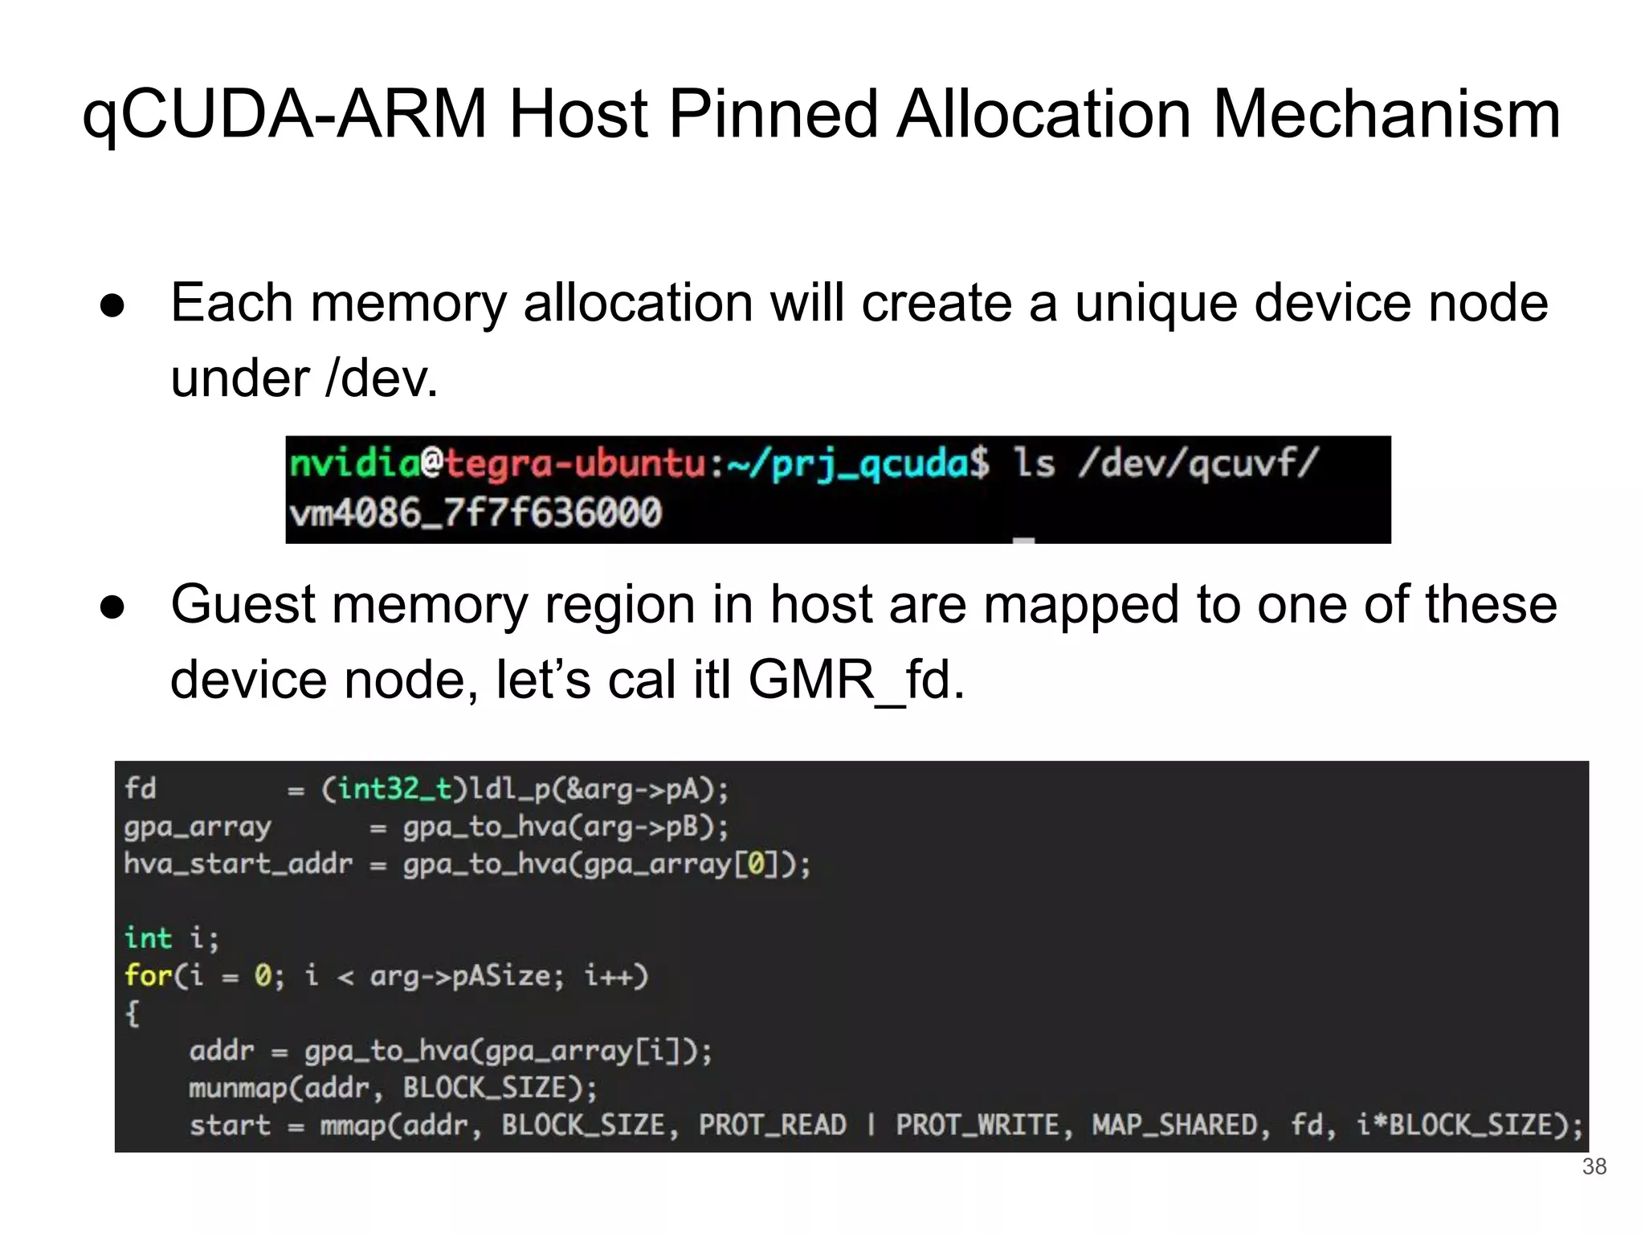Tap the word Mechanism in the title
click(x=1386, y=115)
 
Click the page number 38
click(x=1594, y=1167)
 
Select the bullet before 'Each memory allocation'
click(x=112, y=306)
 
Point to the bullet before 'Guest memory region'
click(x=112, y=608)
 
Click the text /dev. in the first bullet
click(x=382, y=378)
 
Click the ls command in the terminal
click(x=1034, y=464)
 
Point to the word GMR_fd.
click(x=856, y=680)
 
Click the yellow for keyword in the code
click(x=149, y=976)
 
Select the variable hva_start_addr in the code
click(x=238, y=864)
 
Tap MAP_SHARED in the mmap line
click(x=1175, y=1125)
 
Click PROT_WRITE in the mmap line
click(x=978, y=1125)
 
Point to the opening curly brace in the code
click(x=133, y=1014)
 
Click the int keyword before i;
click(x=149, y=938)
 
